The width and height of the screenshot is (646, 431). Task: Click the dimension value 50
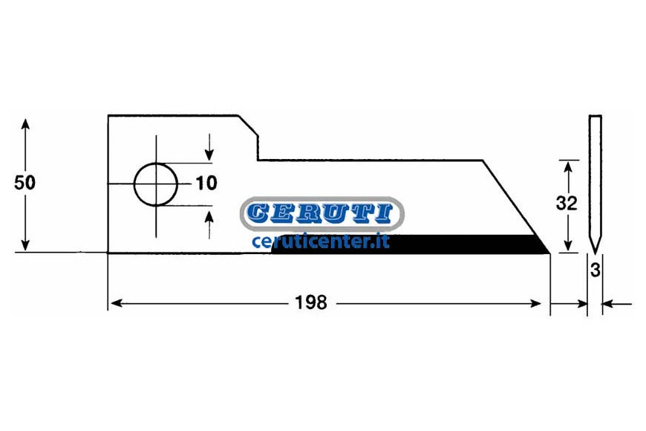(25, 183)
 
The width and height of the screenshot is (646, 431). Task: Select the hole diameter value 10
(206, 183)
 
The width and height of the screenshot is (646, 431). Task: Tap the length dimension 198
(311, 303)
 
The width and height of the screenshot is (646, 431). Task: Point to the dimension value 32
(567, 203)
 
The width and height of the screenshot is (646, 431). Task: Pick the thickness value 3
(596, 270)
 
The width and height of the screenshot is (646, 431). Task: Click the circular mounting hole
(156, 184)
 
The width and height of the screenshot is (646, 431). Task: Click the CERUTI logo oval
(322, 214)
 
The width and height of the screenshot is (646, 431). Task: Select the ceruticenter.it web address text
(321, 242)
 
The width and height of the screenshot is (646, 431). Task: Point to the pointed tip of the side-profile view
(595, 253)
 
